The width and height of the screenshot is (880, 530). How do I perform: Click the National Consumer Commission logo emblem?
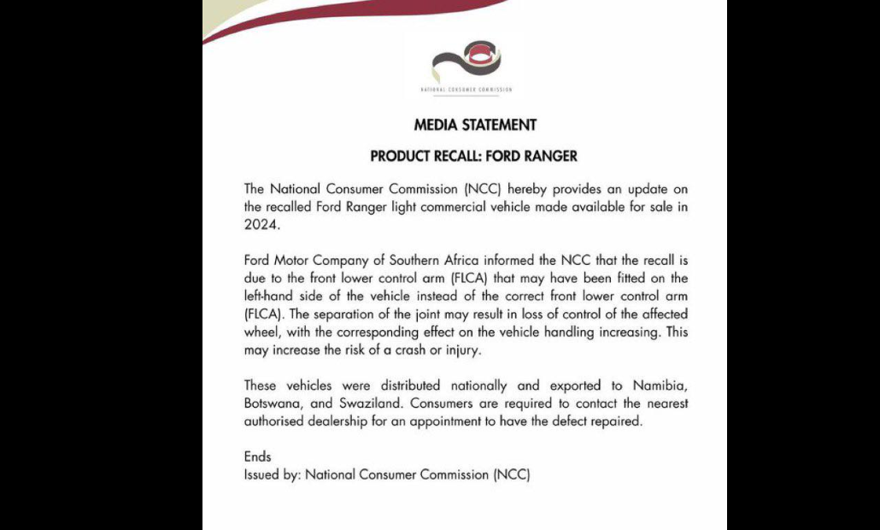pyautogui.click(x=465, y=62)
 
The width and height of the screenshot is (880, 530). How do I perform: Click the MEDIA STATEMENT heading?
pyautogui.click(x=475, y=125)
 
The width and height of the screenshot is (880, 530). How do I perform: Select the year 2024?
pyautogui.click(x=261, y=226)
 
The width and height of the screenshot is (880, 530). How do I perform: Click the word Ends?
pyautogui.click(x=257, y=456)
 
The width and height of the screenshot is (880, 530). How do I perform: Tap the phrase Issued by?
pyautogui.click(x=272, y=474)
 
